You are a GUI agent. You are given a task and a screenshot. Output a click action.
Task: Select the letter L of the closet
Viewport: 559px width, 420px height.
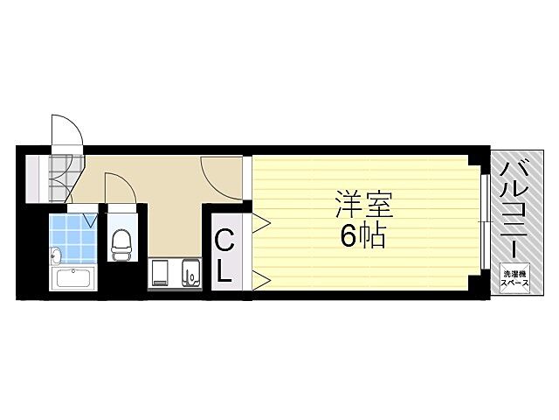coord(224,270)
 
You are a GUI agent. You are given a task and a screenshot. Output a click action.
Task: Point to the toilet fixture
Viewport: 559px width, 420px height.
coord(120,242)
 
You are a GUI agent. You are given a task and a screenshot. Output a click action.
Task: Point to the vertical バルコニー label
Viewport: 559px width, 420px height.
coord(514,208)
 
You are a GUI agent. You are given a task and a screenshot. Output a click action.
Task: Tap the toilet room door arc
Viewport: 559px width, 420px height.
coord(119,185)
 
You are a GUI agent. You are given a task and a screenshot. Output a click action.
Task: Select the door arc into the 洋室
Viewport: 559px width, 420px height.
coord(222,170)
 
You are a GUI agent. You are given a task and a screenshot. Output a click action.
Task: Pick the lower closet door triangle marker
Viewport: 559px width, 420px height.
coord(260,280)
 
